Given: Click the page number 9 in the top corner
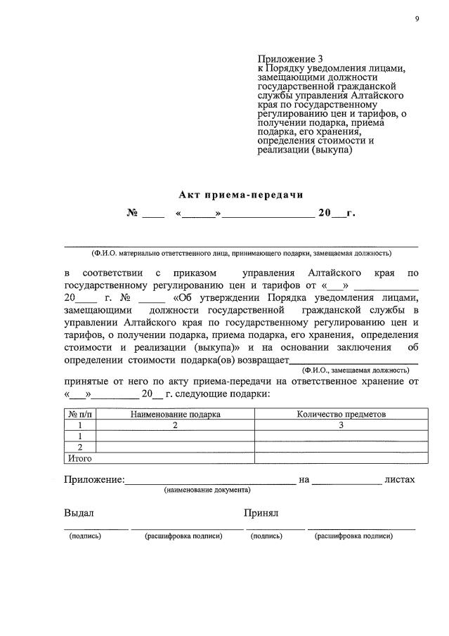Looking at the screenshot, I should (417, 18).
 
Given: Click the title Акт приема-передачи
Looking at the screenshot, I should (240, 194).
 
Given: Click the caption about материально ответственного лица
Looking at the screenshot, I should (241, 253).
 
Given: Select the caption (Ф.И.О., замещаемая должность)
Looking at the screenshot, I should (355, 370).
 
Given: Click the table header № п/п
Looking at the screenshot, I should (79, 415).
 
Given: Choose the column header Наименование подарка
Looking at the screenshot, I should (175, 415).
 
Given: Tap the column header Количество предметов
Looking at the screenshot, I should (341, 415).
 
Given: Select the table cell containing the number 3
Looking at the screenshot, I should (341, 425).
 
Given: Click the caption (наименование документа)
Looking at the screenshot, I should (207, 490).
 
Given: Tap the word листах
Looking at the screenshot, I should (400, 480).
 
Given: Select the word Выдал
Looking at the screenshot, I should (79, 514).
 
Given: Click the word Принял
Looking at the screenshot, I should (261, 514).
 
